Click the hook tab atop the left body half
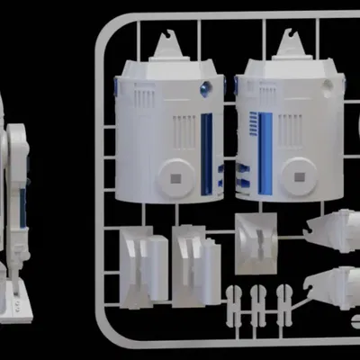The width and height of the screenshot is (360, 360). point(166,42)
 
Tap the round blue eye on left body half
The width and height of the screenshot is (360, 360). point(206,88)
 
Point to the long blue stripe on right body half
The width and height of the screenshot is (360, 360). point(265,153)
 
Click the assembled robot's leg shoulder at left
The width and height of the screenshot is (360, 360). point(18,144)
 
